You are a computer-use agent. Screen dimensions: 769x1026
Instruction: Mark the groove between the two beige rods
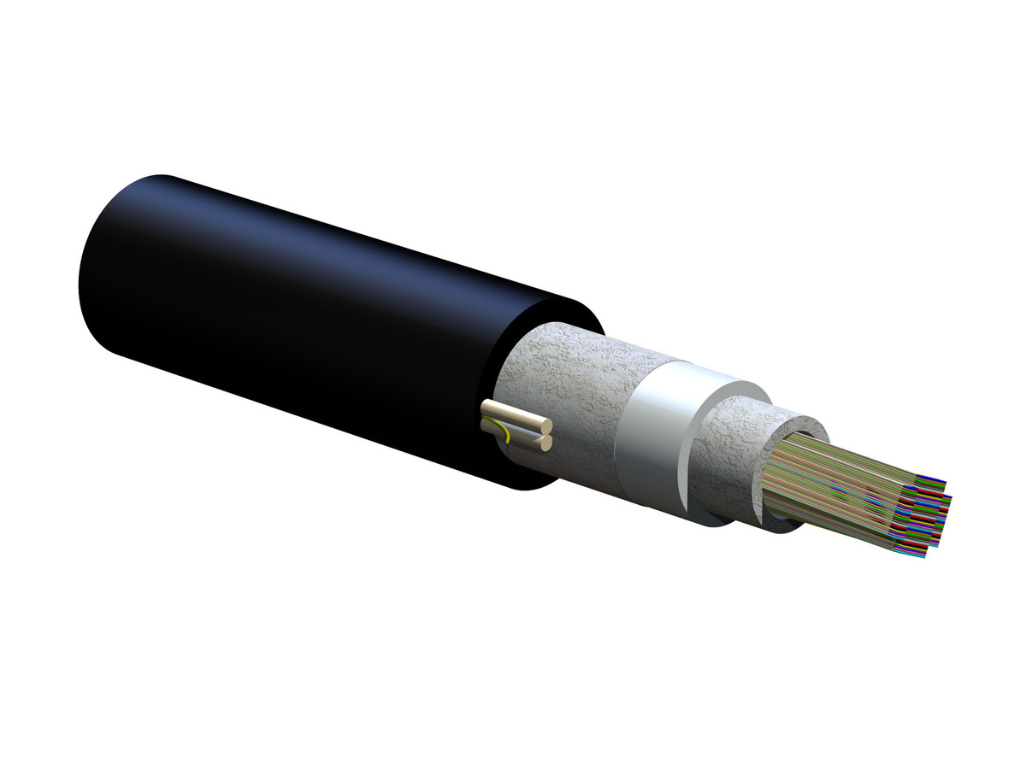coord(522,428)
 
